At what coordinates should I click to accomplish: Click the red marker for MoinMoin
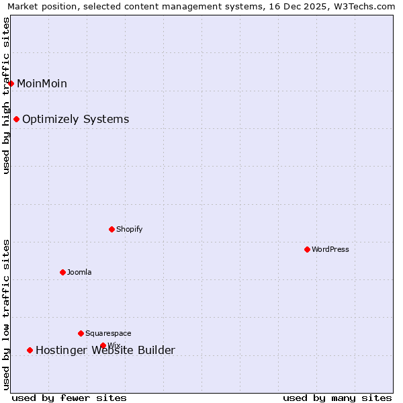click(11, 83)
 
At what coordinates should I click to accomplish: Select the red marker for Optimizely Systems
click(16, 119)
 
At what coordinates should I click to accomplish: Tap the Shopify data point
click(111, 229)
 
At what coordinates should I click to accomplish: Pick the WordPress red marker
click(307, 249)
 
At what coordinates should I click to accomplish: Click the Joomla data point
click(62, 272)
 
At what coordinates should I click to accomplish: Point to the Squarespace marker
click(81, 333)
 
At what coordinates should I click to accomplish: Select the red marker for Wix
click(103, 345)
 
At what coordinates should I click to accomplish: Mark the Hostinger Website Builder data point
click(30, 350)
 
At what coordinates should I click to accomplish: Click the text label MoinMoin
click(42, 84)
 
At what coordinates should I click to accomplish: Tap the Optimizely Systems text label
click(75, 120)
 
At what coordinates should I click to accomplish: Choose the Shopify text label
click(129, 230)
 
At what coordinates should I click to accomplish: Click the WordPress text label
click(330, 250)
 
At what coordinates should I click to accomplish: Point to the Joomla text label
click(79, 273)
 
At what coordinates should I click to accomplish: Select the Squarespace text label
click(108, 334)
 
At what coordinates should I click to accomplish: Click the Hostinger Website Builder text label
click(105, 351)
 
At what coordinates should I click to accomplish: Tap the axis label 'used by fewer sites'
click(69, 398)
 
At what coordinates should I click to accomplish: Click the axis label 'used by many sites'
click(337, 398)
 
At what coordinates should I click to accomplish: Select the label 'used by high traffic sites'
click(7, 95)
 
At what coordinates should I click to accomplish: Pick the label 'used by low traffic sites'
click(7, 314)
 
